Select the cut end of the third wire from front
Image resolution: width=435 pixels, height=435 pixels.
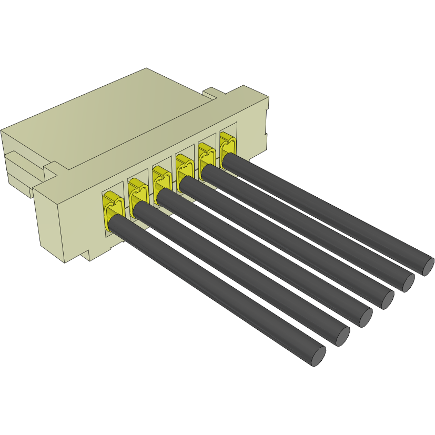coord(365,317)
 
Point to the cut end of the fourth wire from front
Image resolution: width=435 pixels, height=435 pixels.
coord(387,299)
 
